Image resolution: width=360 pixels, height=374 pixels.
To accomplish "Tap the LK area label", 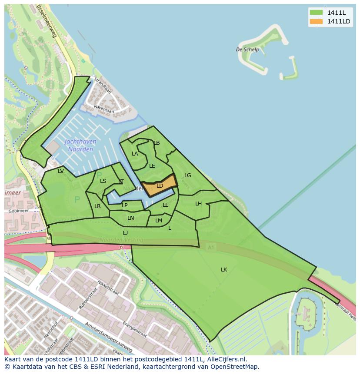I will click(x=224, y=270).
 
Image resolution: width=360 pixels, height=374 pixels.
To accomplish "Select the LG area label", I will click(x=188, y=175).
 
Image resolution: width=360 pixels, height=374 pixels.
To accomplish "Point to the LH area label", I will click(x=198, y=204).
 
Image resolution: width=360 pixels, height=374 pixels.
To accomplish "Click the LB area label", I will click(x=157, y=143).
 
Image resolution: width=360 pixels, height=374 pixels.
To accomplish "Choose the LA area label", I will click(x=135, y=154).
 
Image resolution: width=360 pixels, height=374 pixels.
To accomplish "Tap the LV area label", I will click(x=61, y=171).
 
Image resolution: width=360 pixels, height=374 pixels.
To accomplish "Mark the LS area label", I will click(x=103, y=181).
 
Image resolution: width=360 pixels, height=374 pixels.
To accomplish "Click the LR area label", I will click(x=97, y=206).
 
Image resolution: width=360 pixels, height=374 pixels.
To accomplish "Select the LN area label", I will click(x=130, y=218).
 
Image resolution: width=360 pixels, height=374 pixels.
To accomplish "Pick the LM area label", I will click(x=159, y=221).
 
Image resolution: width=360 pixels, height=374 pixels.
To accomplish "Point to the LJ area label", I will click(x=125, y=233).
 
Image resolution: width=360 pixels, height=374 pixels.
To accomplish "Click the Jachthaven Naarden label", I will click(x=80, y=146).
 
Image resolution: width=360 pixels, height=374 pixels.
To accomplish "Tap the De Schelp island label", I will click(x=247, y=50).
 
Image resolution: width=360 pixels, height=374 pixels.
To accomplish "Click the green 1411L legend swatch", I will click(x=316, y=13).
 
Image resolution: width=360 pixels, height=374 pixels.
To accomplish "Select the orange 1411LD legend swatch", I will click(x=316, y=21).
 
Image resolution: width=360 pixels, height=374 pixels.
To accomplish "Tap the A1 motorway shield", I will click(x=211, y=247).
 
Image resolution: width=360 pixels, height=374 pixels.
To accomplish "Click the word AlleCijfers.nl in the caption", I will click(x=226, y=359).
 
